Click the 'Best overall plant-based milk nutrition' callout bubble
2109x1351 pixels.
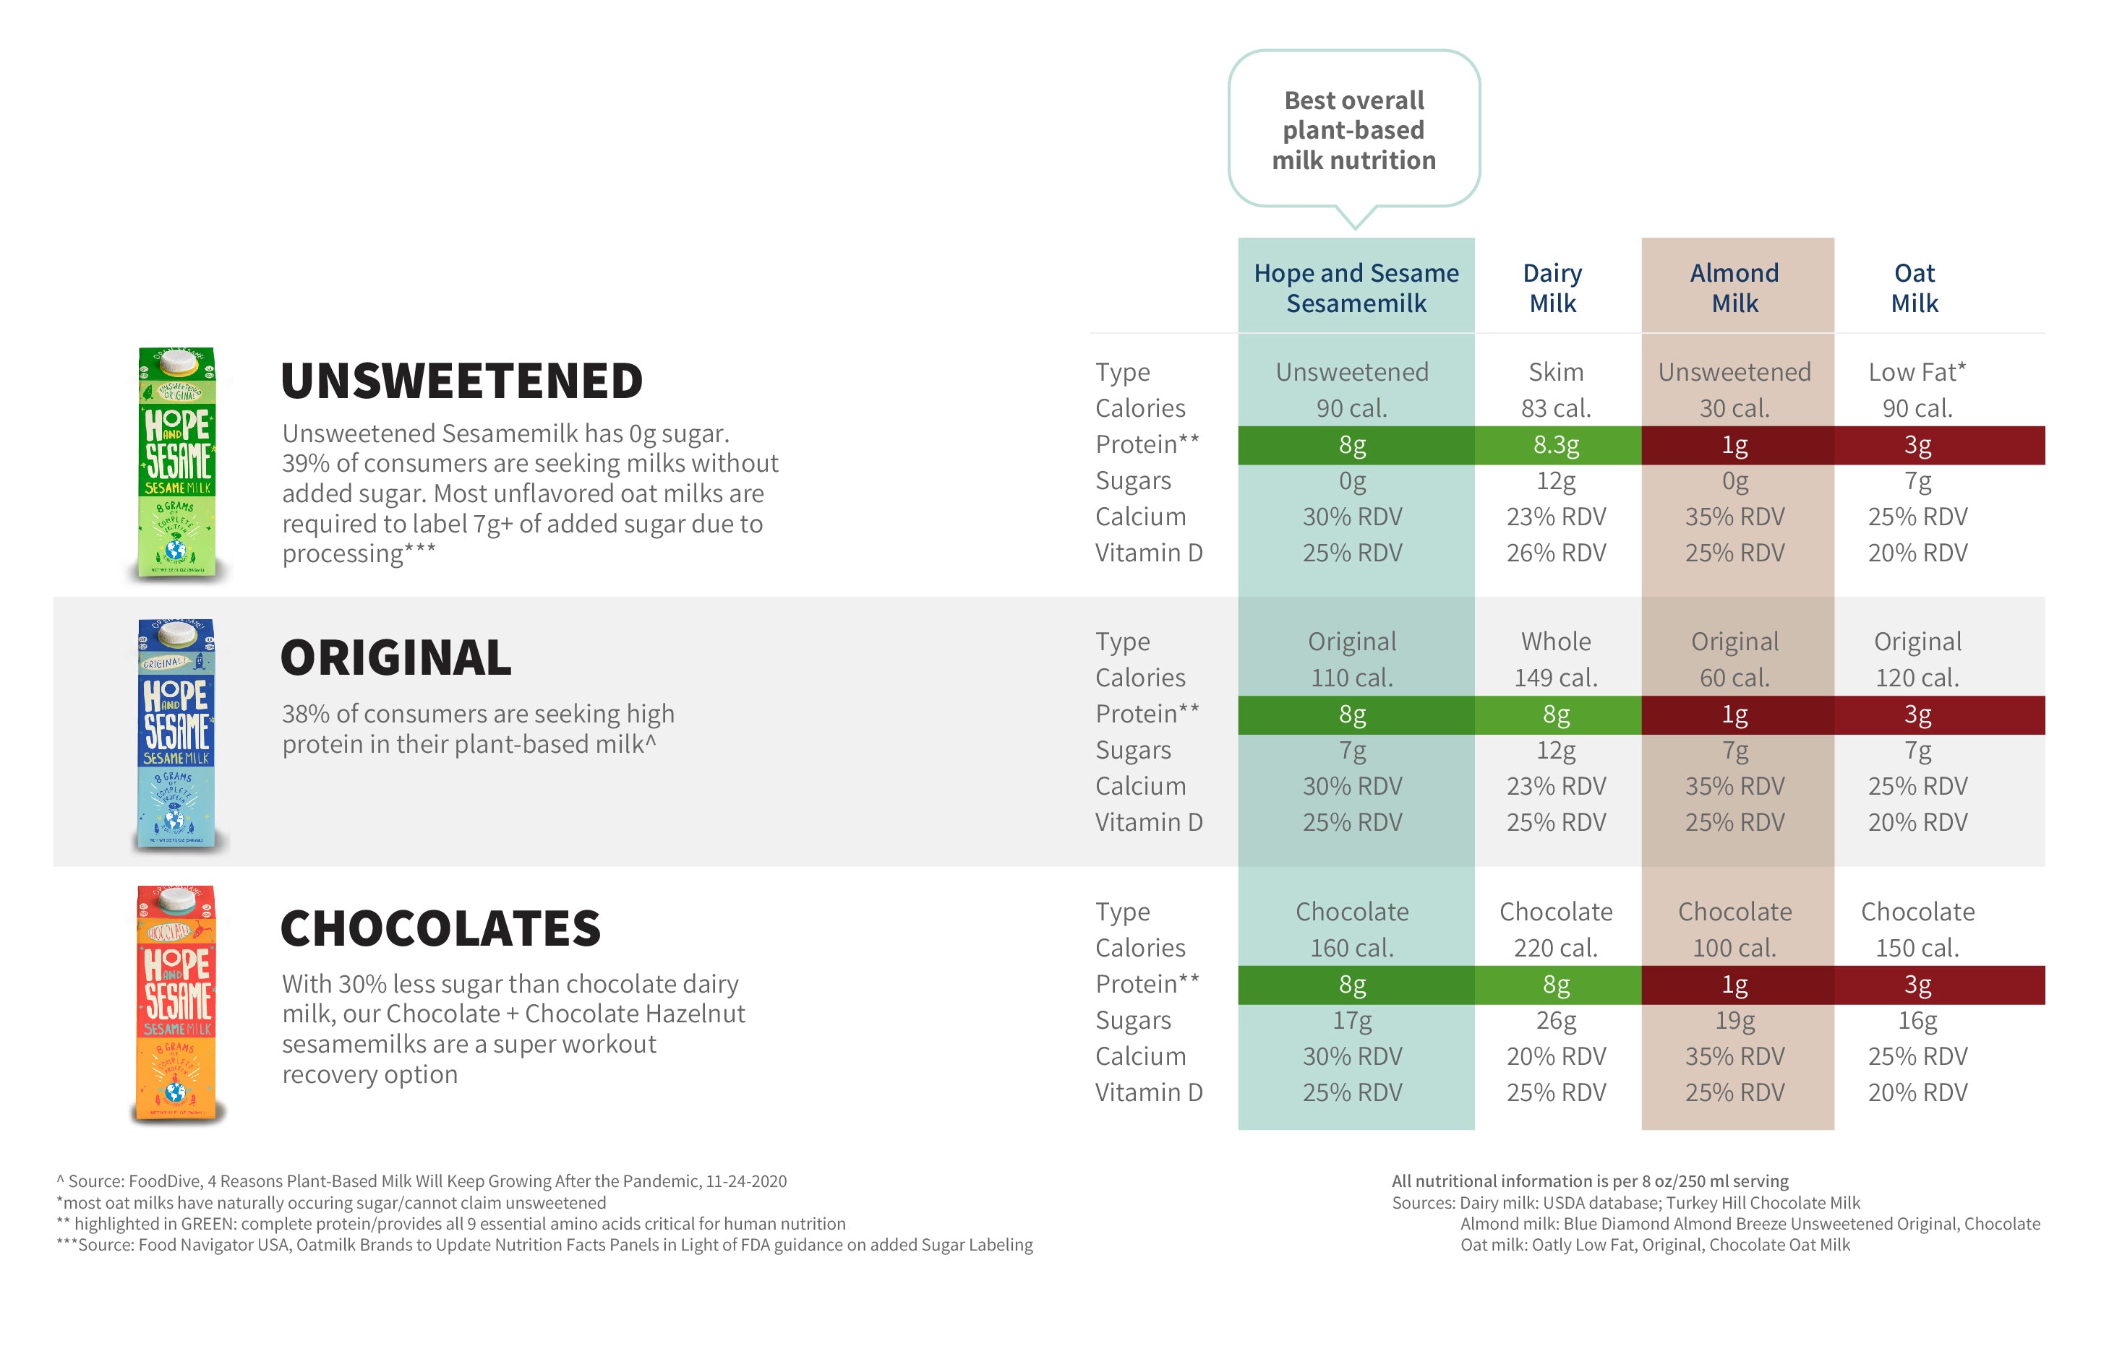[1353, 130]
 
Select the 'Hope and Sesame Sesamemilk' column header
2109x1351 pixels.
[1356, 288]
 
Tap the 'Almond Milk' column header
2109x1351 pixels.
[1734, 288]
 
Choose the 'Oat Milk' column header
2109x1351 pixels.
[1915, 288]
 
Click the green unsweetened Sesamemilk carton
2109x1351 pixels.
[176, 462]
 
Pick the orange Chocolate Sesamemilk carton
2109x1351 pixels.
[176, 1003]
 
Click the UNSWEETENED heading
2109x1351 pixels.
[462, 381]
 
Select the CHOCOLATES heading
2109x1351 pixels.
[440, 928]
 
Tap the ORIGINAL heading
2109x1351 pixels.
[395, 658]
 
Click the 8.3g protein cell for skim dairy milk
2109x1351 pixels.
[1555, 446]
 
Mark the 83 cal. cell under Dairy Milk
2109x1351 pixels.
[1555, 409]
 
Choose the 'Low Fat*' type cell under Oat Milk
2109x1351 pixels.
[1917, 372]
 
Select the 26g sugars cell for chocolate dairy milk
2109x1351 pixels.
[1555, 1020]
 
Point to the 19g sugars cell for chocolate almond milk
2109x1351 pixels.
[1734, 1020]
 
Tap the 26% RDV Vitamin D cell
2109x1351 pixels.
[1555, 553]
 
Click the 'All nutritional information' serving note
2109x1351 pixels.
[1589, 1182]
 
